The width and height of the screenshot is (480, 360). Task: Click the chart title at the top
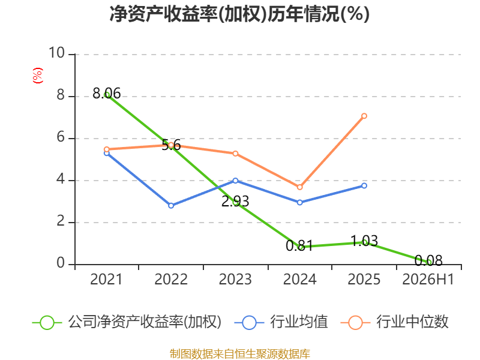pyautogui.click(x=239, y=14)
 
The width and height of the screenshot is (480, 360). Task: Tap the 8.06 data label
pyautogui.click(x=107, y=94)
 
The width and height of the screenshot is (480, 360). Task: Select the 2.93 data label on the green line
pyautogui.click(x=235, y=202)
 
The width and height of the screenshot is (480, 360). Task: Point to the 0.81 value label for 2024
pyautogui.click(x=299, y=245)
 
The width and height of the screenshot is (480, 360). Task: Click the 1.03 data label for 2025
pyautogui.click(x=364, y=241)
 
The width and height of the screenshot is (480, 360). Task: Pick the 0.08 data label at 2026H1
pyautogui.click(x=428, y=261)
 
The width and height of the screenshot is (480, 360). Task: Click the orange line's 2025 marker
pyautogui.click(x=364, y=116)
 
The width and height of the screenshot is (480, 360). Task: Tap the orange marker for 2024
pyautogui.click(x=299, y=187)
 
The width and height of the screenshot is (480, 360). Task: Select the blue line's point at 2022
pyautogui.click(x=171, y=206)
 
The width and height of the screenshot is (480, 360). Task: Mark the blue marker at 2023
pyautogui.click(x=235, y=181)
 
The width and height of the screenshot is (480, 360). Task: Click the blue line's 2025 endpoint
pyautogui.click(x=364, y=186)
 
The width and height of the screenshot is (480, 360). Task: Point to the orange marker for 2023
pyautogui.click(x=235, y=154)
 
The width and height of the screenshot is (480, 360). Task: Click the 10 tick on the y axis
pyautogui.click(x=56, y=53)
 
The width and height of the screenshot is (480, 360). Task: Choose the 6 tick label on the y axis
pyautogui.click(x=61, y=137)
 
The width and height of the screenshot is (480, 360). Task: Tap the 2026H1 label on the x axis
pyautogui.click(x=428, y=280)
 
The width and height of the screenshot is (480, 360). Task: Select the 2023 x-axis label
pyautogui.click(x=235, y=280)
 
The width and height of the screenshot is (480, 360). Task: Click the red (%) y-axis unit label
pyautogui.click(x=38, y=76)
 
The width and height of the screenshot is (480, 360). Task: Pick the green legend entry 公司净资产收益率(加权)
pyautogui.click(x=127, y=322)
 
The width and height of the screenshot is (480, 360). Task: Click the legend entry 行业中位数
pyautogui.click(x=395, y=322)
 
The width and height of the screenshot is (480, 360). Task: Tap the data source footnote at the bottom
pyautogui.click(x=240, y=354)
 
